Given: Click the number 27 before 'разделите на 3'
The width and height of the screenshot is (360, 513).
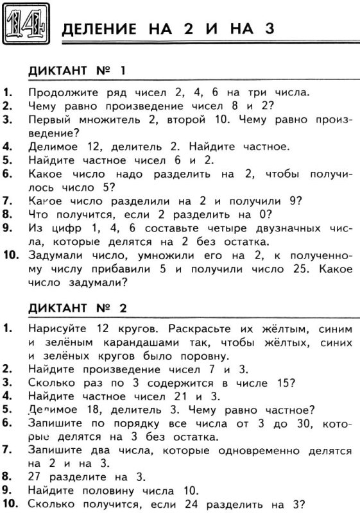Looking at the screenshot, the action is click(x=36, y=477).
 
